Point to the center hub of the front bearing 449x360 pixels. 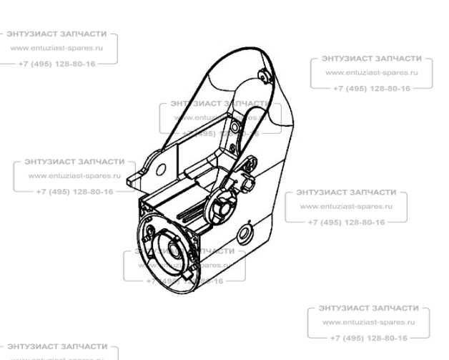(x=174, y=251)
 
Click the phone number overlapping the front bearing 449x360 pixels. (x=184, y=281)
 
